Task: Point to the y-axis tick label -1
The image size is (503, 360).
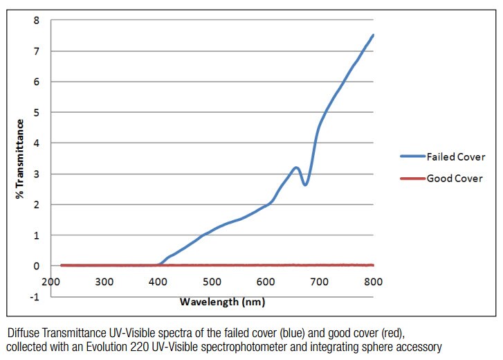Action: point(35,296)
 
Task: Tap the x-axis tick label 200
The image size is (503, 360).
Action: point(51,282)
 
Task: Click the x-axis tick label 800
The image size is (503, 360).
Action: point(374,282)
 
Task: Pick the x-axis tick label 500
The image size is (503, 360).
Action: point(212,282)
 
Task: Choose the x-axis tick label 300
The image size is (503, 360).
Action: point(104,282)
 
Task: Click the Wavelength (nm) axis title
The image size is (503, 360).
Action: point(222,302)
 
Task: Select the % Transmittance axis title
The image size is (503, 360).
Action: point(21,159)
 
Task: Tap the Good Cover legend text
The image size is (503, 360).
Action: point(455,179)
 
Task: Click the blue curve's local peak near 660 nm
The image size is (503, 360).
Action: point(295,168)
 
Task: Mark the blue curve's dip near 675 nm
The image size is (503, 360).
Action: point(304,184)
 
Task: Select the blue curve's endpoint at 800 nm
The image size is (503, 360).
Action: point(373,35)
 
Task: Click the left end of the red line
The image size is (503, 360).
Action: point(62,265)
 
